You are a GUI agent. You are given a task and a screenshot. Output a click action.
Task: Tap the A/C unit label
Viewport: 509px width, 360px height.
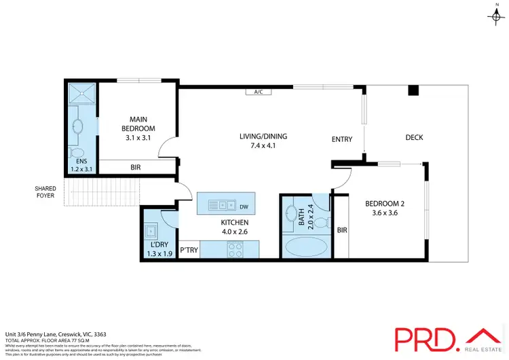258,92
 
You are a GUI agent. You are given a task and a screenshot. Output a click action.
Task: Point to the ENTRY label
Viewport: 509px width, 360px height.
341,139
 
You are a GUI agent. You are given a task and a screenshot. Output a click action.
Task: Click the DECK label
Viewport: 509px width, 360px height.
414,137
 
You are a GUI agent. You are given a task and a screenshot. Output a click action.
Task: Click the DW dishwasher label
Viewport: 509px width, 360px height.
244,206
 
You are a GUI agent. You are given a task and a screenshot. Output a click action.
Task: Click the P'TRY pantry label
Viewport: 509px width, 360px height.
189,251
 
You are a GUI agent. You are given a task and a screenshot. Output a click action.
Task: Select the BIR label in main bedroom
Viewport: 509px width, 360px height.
136,167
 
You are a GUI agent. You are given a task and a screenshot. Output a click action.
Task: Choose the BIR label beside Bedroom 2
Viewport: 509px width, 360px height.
342,230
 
